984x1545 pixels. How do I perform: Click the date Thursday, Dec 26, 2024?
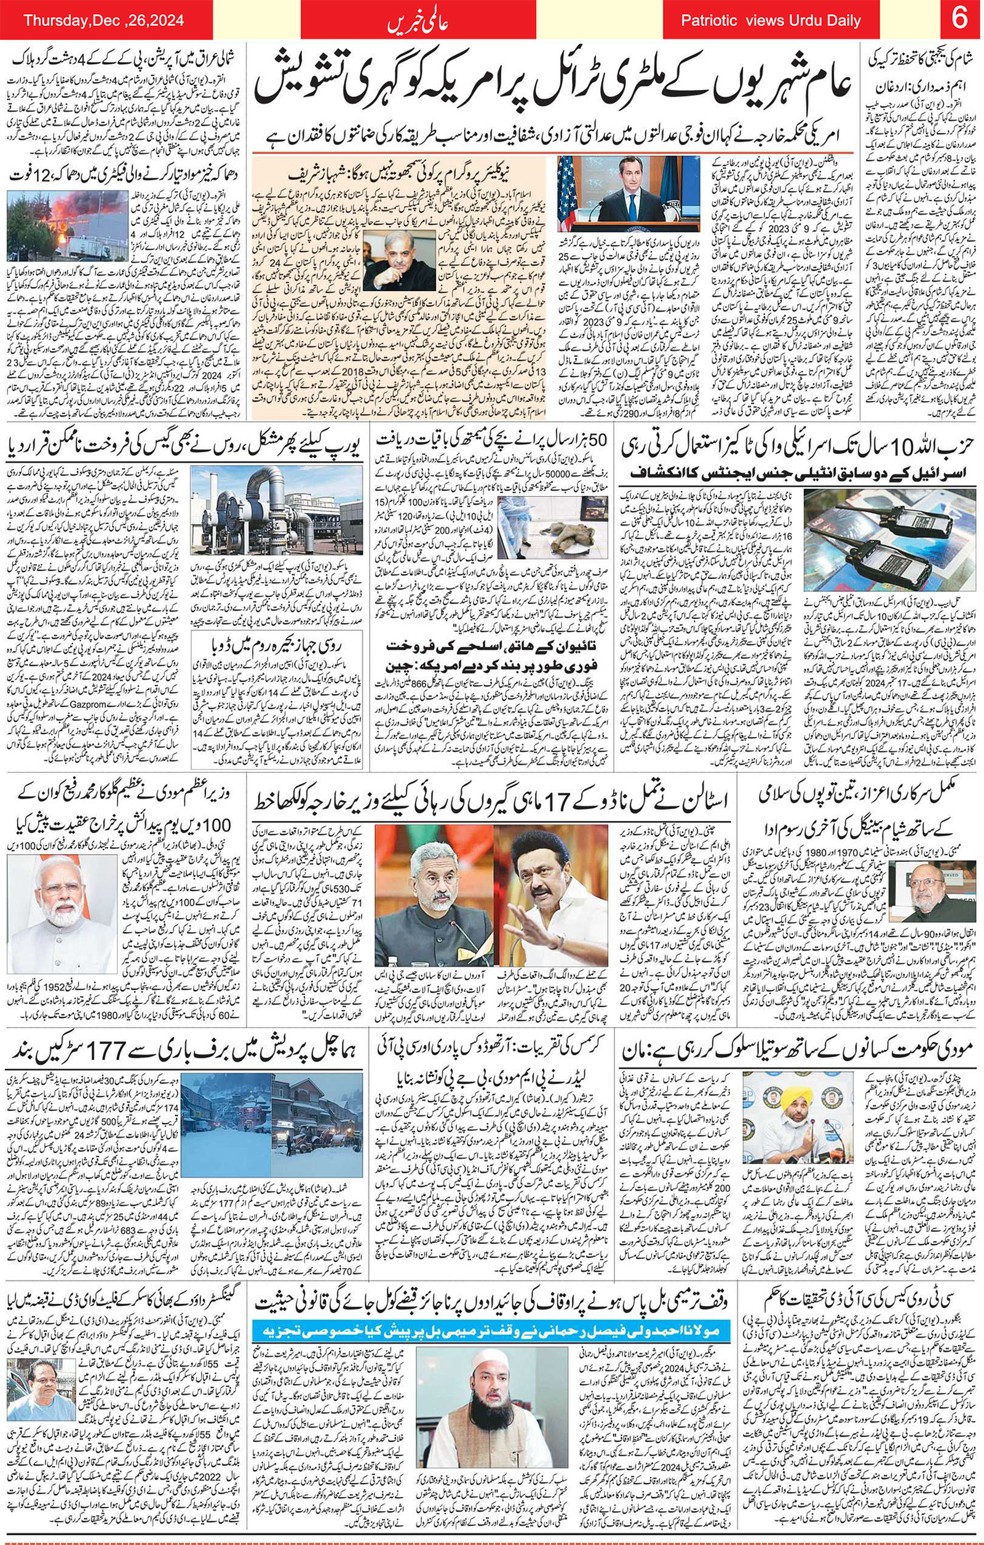(104, 21)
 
